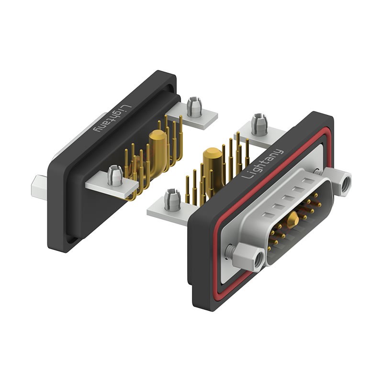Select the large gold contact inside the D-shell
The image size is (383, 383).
click(293, 219)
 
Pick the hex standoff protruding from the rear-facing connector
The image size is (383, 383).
click(38, 187)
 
